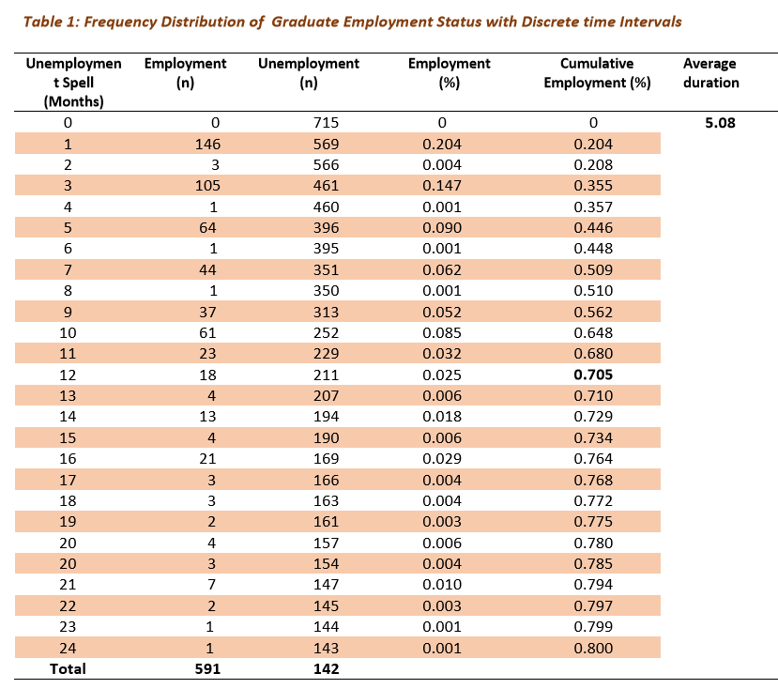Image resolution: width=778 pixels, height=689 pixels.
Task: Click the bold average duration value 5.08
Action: (720, 123)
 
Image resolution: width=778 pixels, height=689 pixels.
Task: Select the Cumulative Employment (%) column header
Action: (597, 73)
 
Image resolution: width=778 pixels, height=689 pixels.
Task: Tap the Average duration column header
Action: (710, 73)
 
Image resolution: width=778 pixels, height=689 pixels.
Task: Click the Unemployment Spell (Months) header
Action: (73, 83)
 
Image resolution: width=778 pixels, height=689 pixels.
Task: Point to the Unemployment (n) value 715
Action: (326, 123)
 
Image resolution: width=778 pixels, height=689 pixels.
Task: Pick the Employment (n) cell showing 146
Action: (207, 144)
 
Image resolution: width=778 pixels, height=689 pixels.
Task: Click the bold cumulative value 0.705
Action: (593, 375)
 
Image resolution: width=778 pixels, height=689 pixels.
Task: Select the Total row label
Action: (68, 668)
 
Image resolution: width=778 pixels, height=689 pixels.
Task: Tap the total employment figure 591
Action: (207, 668)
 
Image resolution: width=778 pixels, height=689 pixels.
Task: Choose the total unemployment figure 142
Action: (326, 668)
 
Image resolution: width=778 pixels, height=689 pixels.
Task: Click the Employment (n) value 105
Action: (207, 185)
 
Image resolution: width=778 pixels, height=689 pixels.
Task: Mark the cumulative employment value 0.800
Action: (593, 648)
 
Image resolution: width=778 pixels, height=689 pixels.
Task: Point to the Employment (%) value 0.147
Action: (442, 185)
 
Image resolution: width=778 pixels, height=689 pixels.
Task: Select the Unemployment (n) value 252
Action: (326, 332)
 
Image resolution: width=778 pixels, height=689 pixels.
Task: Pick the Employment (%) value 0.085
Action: (442, 332)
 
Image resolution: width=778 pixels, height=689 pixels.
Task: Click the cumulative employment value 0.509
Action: (593, 269)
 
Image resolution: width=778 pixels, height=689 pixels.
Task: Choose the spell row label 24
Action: (68, 648)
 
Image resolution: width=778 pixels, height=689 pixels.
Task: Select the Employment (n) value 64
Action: (207, 227)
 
